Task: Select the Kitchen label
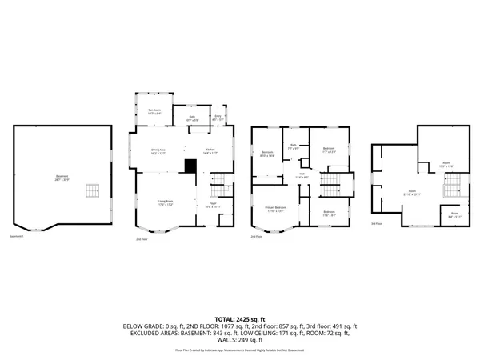click(x=210, y=151)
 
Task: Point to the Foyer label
click(x=213, y=204)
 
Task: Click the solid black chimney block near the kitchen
click(x=190, y=166)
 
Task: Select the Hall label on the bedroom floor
click(x=302, y=174)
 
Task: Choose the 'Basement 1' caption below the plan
click(x=17, y=237)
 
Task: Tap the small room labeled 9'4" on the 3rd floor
click(x=454, y=214)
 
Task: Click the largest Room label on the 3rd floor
click(x=413, y=193)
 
